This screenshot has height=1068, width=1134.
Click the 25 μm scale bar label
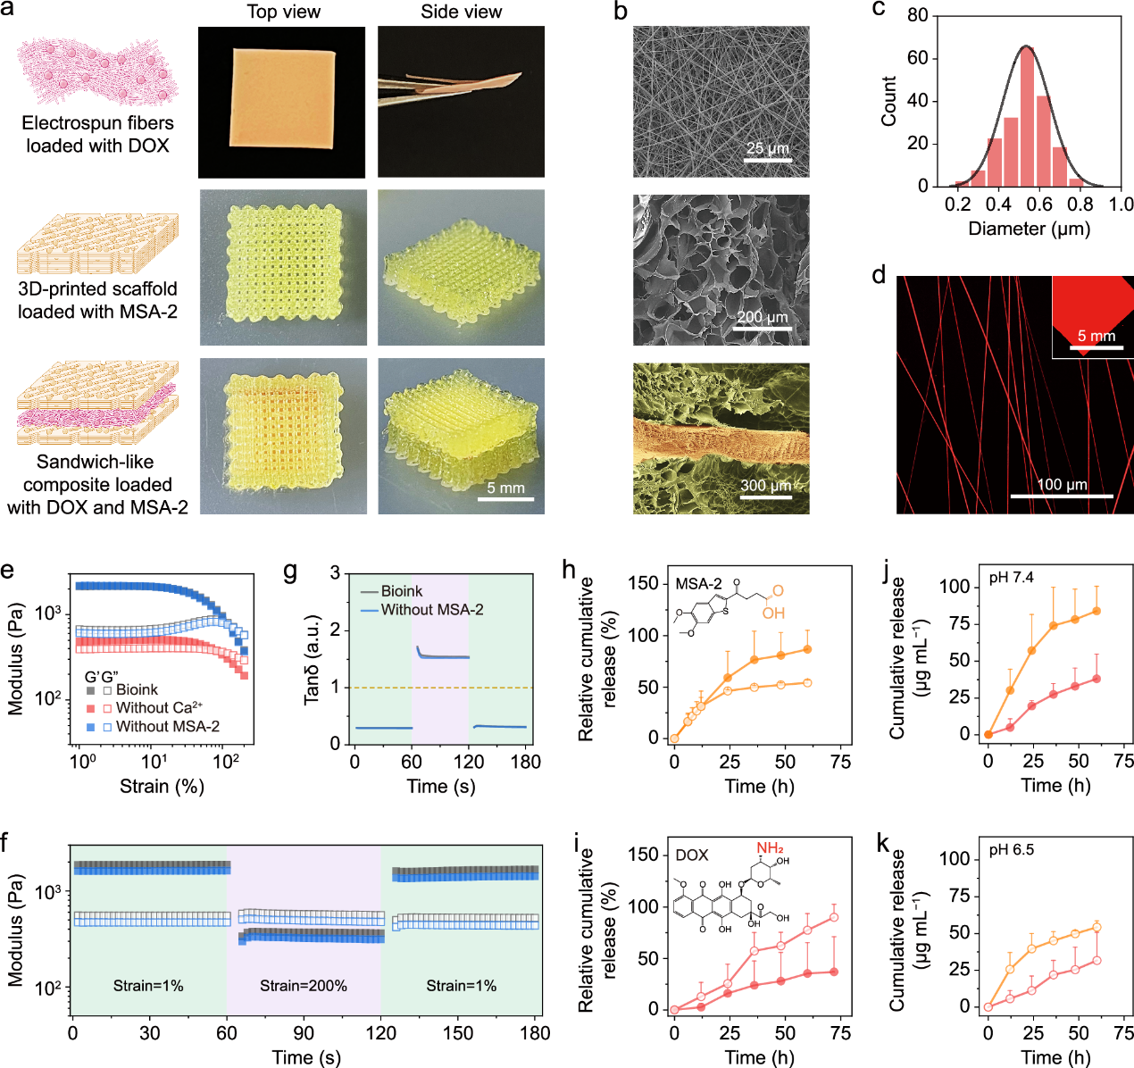point(767,148)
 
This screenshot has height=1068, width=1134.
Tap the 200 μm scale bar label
point(763,317)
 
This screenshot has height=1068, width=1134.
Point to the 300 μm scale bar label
point(765,486)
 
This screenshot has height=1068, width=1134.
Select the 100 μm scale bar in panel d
point(1062,496)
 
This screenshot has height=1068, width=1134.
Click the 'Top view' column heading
point(283,12)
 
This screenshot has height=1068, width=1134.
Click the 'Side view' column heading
point(462,12)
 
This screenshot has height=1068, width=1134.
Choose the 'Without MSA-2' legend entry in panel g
point(431,610)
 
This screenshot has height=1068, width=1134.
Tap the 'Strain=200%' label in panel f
point(304,986)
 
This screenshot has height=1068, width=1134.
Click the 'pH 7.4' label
point(1011,578)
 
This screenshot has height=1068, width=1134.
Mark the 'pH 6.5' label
point(1011,849)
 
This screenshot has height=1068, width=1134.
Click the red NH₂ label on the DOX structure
point(770,847)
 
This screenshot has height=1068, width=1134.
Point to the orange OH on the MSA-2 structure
point(773,613)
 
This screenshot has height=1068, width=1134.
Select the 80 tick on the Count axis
point(918,15)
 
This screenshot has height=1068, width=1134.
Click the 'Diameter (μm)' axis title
point(1029,229)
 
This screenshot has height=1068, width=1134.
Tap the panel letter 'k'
point(882,843)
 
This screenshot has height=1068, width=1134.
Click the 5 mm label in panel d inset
point(1096,336)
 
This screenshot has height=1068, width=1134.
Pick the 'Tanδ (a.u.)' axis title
point(311,659)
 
